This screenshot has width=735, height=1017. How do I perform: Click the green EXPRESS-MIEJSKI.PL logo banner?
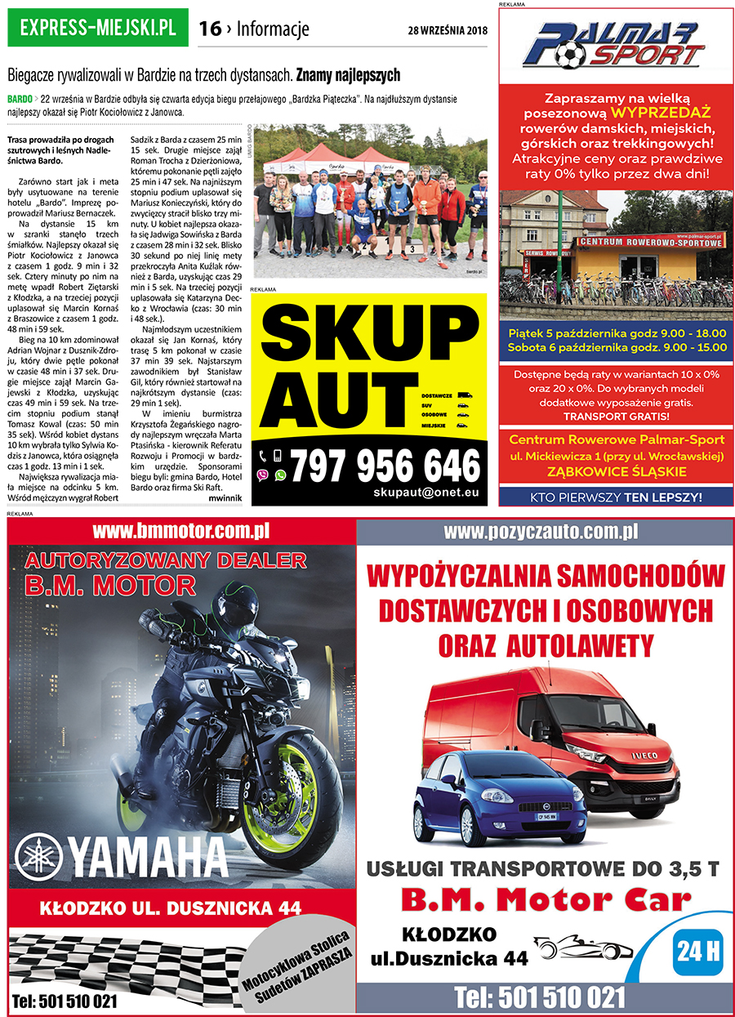(x=97, y=28)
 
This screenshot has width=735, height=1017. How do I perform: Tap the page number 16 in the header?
(x=210, y=29)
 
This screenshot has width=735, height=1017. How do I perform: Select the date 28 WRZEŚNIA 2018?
(x=447, y=31)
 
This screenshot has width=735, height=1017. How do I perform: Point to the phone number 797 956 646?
(x=385, y=466)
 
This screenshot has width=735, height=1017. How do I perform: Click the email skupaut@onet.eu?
(x=425, y=493)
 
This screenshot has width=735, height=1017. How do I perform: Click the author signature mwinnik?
(x=225, y=497)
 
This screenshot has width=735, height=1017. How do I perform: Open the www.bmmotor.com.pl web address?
(x=181, y=532)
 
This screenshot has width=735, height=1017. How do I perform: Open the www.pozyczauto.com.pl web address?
(x=540, y=532)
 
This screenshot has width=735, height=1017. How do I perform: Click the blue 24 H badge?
(x=698, y=951)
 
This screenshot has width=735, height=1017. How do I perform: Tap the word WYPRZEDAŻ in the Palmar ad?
(x=661, y=111)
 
